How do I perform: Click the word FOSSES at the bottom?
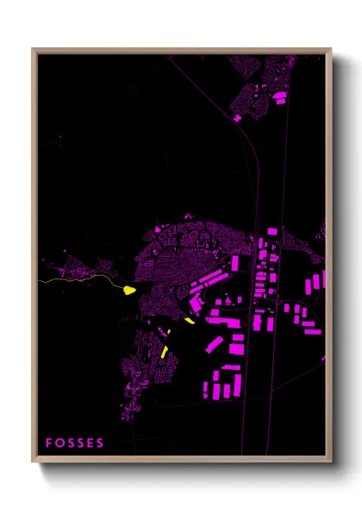(x=75, y=443)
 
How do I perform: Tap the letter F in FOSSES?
(x=50, y=443)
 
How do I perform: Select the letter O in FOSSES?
(x=60, y=443)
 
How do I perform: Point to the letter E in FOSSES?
(x=90, y=443)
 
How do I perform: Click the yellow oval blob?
(x=130, y=290)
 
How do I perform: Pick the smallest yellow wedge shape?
(x=189, y=321)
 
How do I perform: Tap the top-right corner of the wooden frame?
(x=331, y=50)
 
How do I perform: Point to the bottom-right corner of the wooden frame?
(x=331, y=461)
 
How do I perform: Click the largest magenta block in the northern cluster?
(x=279, y=99)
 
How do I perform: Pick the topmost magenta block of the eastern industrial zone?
(x=270, y=232)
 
